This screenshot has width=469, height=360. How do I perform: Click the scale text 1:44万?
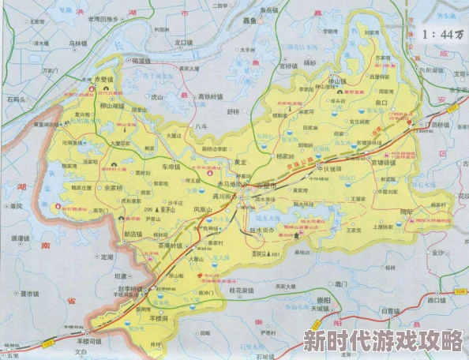[x=443, y=34]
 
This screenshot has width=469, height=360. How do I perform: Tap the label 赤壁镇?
[x=104, y=80]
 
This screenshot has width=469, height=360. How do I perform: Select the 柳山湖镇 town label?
[x=111, y=105]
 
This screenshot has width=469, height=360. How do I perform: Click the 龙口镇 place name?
[x=183, y=42]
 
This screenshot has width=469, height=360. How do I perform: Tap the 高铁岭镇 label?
[x=210, y=96]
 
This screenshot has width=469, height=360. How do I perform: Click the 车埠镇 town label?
[x=171, y=167]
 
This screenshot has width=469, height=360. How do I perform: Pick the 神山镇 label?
[x=337, y=81]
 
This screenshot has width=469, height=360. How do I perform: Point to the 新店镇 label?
[x=136, y=234]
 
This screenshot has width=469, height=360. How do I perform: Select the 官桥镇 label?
[x=288, y=67]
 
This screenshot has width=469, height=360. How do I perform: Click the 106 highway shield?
[x=460, y=293]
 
